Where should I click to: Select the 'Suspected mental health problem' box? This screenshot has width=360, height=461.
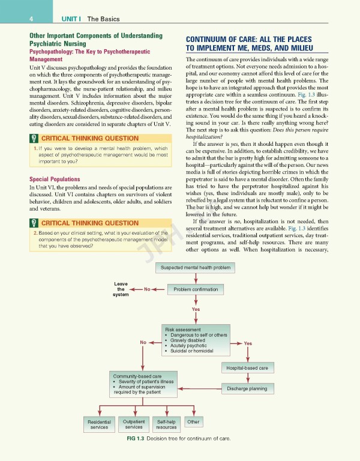tap(196, 267)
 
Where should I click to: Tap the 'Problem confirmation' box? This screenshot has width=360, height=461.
tap(196, 289)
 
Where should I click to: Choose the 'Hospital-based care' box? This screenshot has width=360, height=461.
tap(248, 367)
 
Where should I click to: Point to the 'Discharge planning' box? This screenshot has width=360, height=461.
tap(248, 388)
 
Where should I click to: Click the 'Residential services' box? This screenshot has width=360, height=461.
tap(100, 424)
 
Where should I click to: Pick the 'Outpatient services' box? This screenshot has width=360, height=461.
tap(133, 424)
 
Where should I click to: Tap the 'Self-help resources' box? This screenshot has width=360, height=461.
tap(166, 424)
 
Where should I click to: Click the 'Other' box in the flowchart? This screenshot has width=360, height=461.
tap(193, 422)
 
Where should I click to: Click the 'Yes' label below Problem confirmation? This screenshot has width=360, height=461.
tap(196, 309)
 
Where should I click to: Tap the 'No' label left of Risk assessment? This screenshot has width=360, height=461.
tap(143, 343)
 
